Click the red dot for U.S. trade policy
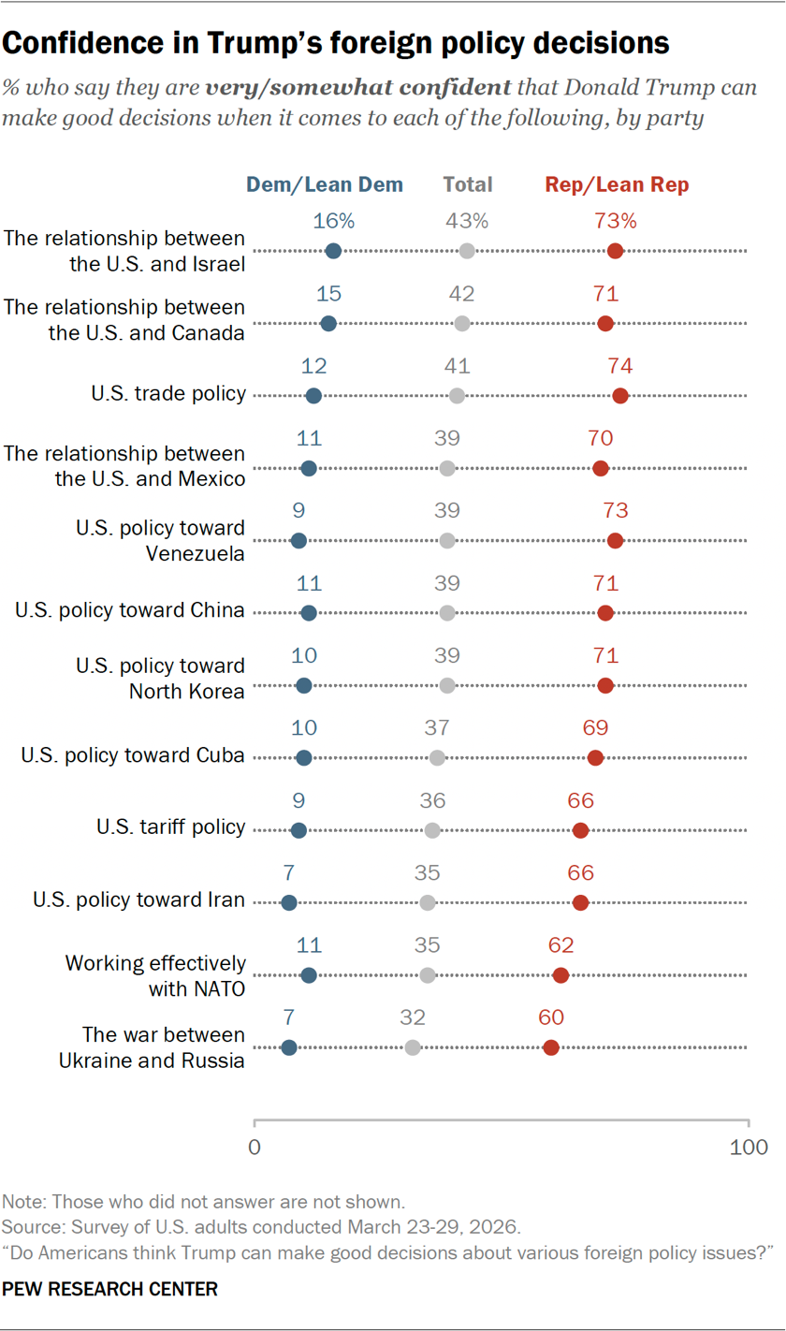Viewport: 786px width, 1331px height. (620, 396)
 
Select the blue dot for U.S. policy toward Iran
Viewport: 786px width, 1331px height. (289, 902)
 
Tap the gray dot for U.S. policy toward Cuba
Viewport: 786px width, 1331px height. (437, 757)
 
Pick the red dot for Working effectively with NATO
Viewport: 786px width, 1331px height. (560, 975)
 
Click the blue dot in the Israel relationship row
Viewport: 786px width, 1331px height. (333, 251)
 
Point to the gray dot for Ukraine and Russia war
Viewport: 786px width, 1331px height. (413, 1047)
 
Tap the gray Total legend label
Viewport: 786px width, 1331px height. (468, 185)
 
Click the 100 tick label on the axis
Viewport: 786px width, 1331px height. (749, 1146)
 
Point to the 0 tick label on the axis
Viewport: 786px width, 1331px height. (255, 1146)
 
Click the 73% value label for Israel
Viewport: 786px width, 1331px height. (615, 222)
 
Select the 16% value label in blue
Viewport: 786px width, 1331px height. (334, 222)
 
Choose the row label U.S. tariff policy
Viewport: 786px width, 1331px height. (170, 826)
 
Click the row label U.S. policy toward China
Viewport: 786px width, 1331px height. (130, 611)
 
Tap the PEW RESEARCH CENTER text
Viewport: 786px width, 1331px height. (110, 1290)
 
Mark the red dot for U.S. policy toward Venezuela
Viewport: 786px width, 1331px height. (615, 540)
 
